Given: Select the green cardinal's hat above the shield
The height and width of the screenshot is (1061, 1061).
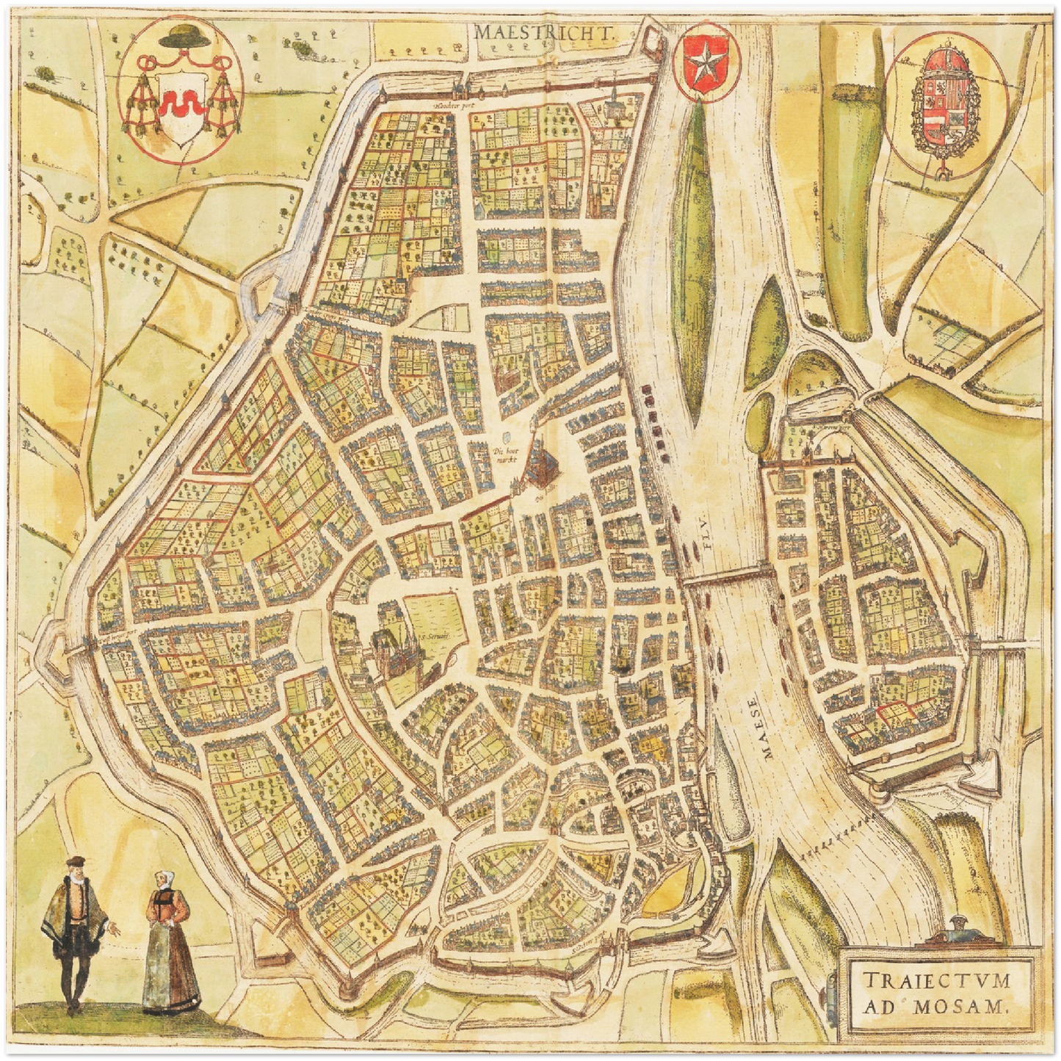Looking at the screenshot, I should coord(179,35).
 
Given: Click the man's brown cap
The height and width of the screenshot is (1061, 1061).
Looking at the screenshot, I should coord(74,861).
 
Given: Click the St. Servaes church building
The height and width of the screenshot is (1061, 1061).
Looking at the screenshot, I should coord(395,649).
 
